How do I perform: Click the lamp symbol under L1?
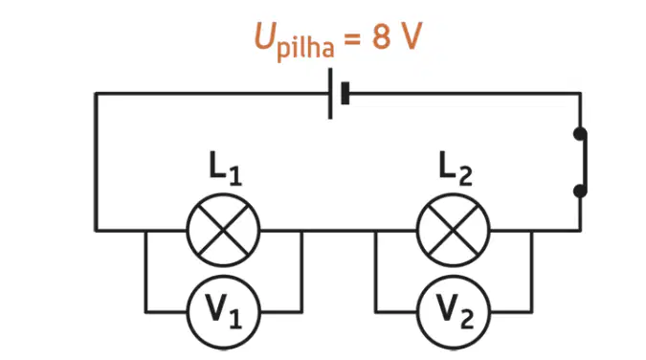point(223,230)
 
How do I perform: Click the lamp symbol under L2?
point(454,230)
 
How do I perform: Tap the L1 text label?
point(225,169)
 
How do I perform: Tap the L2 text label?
point(456,169)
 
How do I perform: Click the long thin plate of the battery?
point(330,94)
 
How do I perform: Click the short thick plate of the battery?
point(345,93)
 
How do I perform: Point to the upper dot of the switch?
point(580,134)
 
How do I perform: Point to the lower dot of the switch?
point(580,191)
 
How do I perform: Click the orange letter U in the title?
point(265,35)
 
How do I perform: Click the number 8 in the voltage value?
point(381,36)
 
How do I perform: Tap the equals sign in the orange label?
point(352,38)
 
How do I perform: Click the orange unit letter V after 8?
point(411,36)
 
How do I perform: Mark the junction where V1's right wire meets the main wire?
point(302,231)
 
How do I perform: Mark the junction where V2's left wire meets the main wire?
point(376,231)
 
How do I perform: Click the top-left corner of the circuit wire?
point(96,94)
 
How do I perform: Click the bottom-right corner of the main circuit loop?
point(581,231)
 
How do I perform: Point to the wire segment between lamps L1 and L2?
point(338,231)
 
